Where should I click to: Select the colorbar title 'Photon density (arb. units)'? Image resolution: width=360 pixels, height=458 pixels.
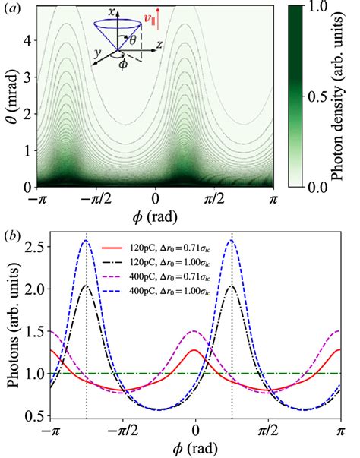pos(348,95)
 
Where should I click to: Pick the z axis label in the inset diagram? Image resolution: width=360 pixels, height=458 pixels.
pos(161,46)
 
